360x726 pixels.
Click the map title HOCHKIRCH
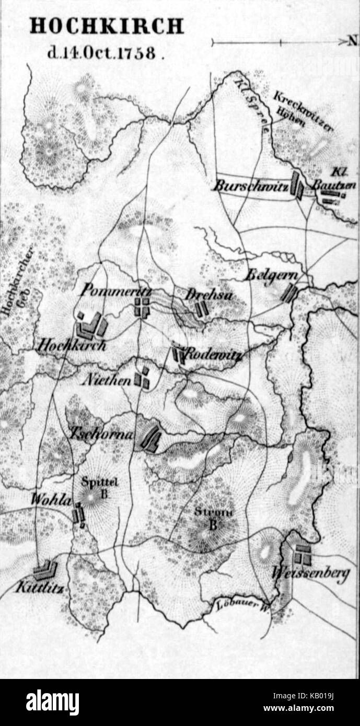(x=107, y=26)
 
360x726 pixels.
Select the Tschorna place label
(x=101, y=434)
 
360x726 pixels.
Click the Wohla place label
(x=50, y=499)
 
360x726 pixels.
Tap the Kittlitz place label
(x=40, y=587)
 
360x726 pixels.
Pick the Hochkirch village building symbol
(x=90, y=326)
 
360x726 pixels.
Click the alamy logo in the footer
(x=52, y=701)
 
